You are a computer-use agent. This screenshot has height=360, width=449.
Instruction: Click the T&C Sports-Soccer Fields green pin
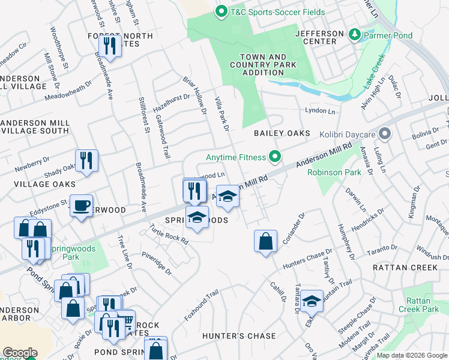(x=221, y=11)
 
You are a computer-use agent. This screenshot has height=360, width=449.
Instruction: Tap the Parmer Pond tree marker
(x=355, y=35)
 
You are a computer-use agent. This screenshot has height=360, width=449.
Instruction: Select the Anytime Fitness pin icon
(x=275, y=157)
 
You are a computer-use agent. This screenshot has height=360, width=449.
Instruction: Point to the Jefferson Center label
(x=320, y=37)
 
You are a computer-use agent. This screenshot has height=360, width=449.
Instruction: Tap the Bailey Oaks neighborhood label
(x=282, y=133)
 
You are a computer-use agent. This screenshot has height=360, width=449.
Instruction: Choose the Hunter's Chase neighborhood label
(x=239, y=336)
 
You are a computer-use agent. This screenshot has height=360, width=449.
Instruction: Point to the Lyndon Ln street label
(x=320, y=112)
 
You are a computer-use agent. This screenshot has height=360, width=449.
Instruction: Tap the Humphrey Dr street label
(x=345, y=237)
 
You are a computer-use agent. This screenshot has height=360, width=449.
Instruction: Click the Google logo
(x=20, y=353)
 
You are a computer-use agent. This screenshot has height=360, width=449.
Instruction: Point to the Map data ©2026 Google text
(x=411, y=355)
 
